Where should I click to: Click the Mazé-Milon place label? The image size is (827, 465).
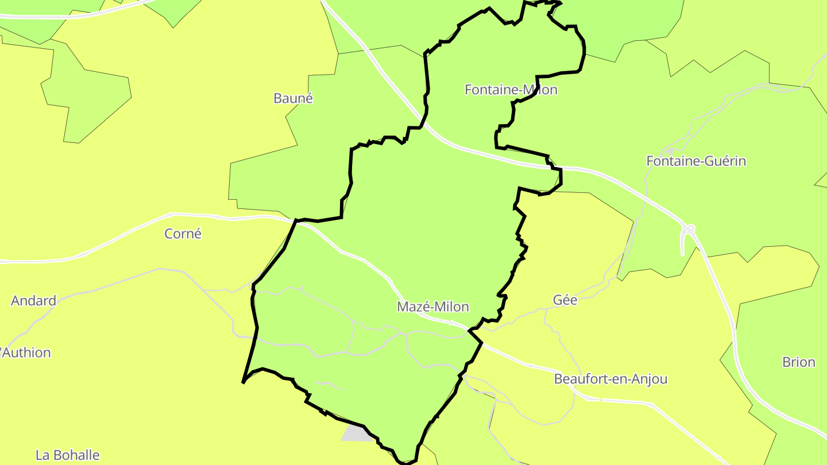432,307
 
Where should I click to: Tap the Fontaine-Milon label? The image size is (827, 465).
511,90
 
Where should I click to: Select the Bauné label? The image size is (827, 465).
293,98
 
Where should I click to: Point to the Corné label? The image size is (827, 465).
183,234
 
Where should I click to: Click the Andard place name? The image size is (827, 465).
33,301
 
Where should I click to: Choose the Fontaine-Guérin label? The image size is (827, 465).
696,161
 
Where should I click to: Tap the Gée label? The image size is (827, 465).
565,300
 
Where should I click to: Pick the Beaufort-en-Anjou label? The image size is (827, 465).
610,379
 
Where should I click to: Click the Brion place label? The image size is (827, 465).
798,362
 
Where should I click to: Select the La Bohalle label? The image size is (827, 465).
67,456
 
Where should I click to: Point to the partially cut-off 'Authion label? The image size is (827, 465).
26,352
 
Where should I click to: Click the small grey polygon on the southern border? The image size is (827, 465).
355,433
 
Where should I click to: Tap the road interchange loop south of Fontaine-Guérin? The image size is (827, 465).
688,231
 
